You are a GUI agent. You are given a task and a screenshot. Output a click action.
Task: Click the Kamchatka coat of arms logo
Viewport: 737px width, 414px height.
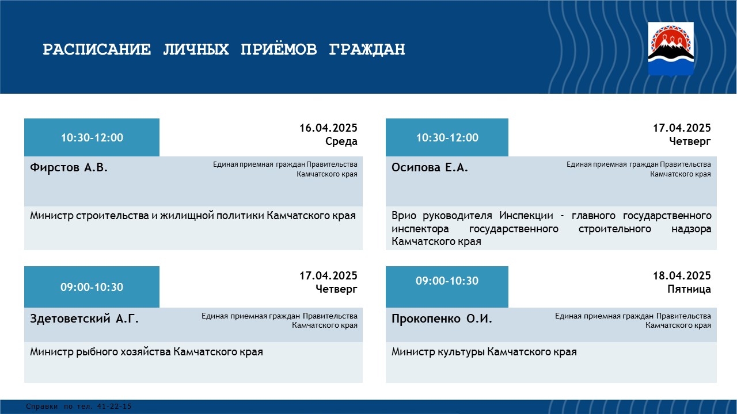(671, 49)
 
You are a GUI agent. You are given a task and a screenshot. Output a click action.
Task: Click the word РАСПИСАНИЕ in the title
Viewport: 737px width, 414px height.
(97, 49)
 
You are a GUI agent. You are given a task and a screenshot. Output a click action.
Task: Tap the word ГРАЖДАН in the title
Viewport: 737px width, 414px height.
(367, 49)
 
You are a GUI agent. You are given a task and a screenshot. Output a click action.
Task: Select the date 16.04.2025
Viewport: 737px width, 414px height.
(328, 128)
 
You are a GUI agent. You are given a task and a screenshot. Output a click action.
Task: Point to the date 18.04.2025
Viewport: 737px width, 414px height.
(682, 275)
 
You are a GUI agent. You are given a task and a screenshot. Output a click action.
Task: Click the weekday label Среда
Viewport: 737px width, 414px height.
(341, 141)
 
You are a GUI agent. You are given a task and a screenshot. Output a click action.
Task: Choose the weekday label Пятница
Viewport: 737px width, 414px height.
(689, 289)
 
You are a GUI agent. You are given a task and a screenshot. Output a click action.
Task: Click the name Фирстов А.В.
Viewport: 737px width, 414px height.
(69, 167)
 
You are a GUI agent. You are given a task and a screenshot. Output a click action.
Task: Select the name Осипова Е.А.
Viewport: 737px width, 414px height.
(430, 167)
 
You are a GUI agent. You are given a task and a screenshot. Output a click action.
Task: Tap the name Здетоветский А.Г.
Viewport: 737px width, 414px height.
(84, 319)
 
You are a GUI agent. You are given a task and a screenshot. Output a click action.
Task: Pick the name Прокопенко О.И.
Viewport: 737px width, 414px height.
(442, 319)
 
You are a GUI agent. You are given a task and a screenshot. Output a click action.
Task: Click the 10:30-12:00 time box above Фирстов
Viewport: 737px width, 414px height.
(92, 137)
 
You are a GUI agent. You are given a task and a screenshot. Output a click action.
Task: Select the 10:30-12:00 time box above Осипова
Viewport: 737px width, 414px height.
(447, 137)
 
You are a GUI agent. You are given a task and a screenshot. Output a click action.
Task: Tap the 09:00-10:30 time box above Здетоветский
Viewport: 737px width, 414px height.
(92, 287)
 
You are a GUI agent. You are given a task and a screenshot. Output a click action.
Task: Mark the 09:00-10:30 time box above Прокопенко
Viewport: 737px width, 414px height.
(447, 287)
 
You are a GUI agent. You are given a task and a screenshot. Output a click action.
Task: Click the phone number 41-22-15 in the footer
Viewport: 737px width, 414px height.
(114, 407)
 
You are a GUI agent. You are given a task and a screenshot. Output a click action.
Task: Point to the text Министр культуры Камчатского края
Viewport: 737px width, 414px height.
(484, 352)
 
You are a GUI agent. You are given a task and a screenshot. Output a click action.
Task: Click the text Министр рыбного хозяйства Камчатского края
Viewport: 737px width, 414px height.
(146, 352)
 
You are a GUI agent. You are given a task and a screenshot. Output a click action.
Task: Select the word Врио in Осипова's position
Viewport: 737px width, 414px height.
(404, 216)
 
